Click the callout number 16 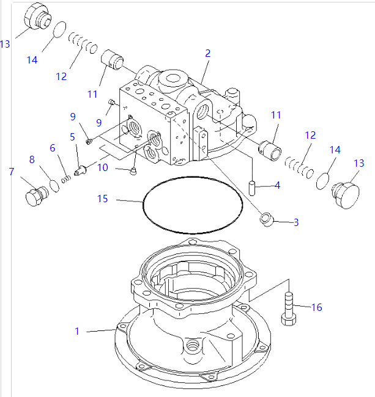coord(316,307)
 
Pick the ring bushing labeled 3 coord(266,219)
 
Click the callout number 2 coord(207,53)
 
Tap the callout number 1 coord(77,331)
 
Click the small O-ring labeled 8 coord(53,184)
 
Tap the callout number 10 coord(103,166)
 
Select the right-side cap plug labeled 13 coord(342,189)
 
